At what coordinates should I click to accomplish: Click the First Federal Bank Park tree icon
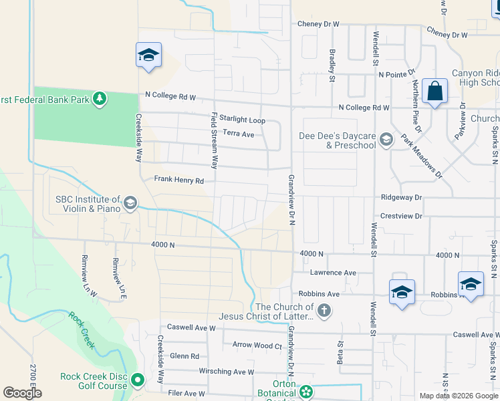pos(100,100)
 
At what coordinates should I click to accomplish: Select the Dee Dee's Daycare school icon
pos(386,140)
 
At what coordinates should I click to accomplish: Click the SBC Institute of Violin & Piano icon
pos(130,203)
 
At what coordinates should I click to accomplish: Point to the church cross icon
pos(324,310)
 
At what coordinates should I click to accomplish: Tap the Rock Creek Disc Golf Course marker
pos(138,381)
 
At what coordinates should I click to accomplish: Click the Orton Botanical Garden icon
pos(306,392)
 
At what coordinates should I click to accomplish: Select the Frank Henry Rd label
pos(178,180)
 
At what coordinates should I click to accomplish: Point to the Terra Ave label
pos(239,134)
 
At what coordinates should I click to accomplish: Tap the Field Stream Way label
pos(215,140)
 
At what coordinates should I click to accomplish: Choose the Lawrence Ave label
pos(332,273)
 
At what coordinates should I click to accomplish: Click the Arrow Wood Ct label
pos(257,346)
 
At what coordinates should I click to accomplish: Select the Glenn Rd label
pos(184,356)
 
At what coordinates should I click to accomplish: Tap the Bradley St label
pos(332,65)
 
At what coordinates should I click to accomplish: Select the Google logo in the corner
pos(22,393)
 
